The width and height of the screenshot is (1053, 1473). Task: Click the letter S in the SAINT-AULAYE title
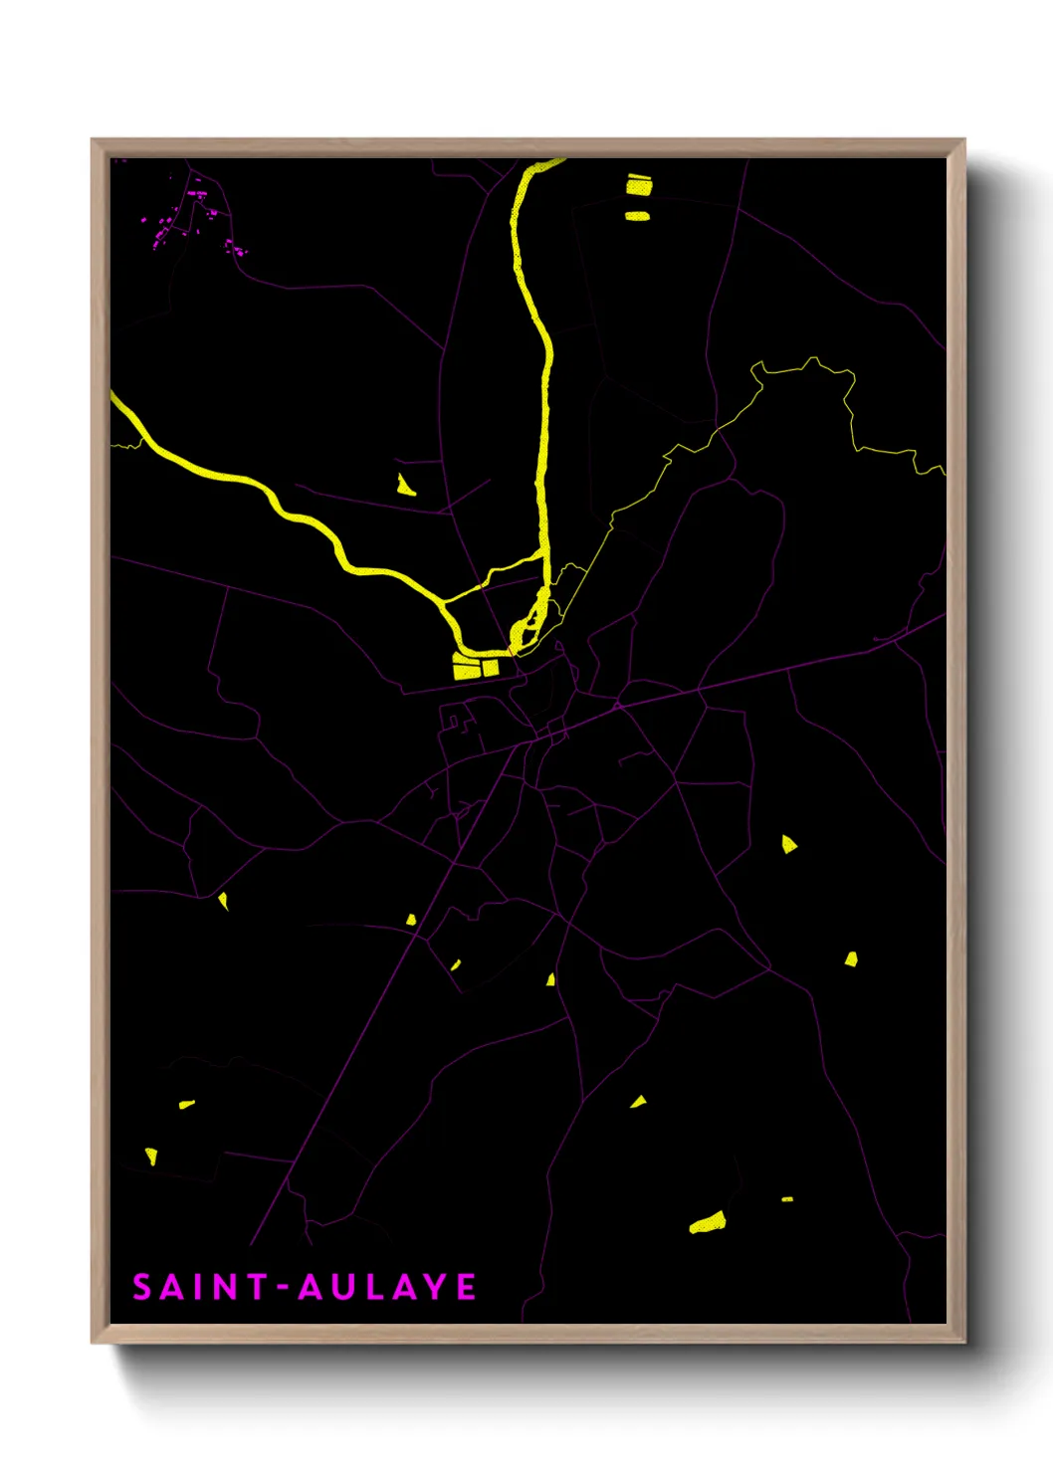click(142, 1287)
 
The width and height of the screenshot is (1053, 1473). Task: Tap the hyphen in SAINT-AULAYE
click(283, 1288)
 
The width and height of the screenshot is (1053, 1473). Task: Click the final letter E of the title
click(466, 1287)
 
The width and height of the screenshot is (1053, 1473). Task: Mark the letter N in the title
click(226, 1287)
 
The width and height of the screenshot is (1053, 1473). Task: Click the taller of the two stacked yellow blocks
click(638, 184)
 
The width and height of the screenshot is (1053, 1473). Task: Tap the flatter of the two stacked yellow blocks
click(637, 215)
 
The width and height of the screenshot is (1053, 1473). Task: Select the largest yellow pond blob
click(708, 1222)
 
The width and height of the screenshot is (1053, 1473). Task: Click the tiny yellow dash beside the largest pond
click(787, 1199)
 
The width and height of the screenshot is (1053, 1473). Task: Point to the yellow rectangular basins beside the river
click(475, 666)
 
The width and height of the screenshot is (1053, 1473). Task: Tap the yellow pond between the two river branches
click(405, 486)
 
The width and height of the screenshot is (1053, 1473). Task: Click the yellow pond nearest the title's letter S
click(151, 1156)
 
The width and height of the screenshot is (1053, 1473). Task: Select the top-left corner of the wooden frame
click(93, 140)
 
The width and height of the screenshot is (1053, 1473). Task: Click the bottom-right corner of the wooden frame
click(964, 1342)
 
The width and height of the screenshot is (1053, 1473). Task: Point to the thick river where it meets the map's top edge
click(548, 161)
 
